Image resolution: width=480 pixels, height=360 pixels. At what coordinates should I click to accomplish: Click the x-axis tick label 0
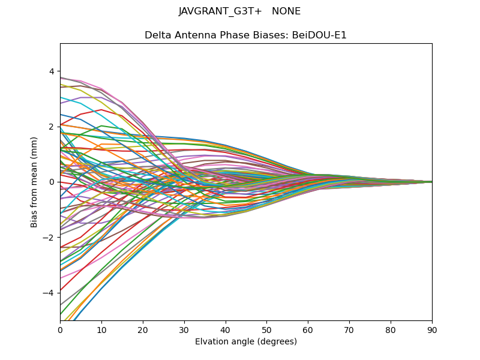(60, 329)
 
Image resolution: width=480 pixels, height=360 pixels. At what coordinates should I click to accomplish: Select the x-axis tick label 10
(101, 329)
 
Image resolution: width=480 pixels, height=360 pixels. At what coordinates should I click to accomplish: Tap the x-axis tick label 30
(184, 329)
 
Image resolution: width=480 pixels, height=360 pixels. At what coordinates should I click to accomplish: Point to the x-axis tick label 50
(266, 329)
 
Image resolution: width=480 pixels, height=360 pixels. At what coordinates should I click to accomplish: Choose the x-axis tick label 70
(349, 329)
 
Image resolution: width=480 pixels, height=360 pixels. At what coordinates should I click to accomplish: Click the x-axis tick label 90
(432, 329)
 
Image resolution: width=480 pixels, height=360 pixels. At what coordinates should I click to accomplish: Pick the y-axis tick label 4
(51, 71)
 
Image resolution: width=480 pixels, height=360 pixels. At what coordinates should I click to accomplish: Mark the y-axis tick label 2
(51, 127)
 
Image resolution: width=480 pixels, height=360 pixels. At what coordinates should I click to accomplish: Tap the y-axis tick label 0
(51, 182)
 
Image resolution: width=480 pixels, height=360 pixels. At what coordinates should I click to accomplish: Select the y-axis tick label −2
(49, 237)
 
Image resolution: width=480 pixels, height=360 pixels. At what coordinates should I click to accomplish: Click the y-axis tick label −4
(49, 293)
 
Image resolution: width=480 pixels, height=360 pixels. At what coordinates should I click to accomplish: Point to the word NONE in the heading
(286, 11)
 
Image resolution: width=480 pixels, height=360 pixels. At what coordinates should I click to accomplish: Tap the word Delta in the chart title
(157, 35)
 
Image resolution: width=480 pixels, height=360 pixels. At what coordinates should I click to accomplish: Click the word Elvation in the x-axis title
(211, 342)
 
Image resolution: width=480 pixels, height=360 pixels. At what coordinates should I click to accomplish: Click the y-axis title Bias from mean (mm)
(34, 182)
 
